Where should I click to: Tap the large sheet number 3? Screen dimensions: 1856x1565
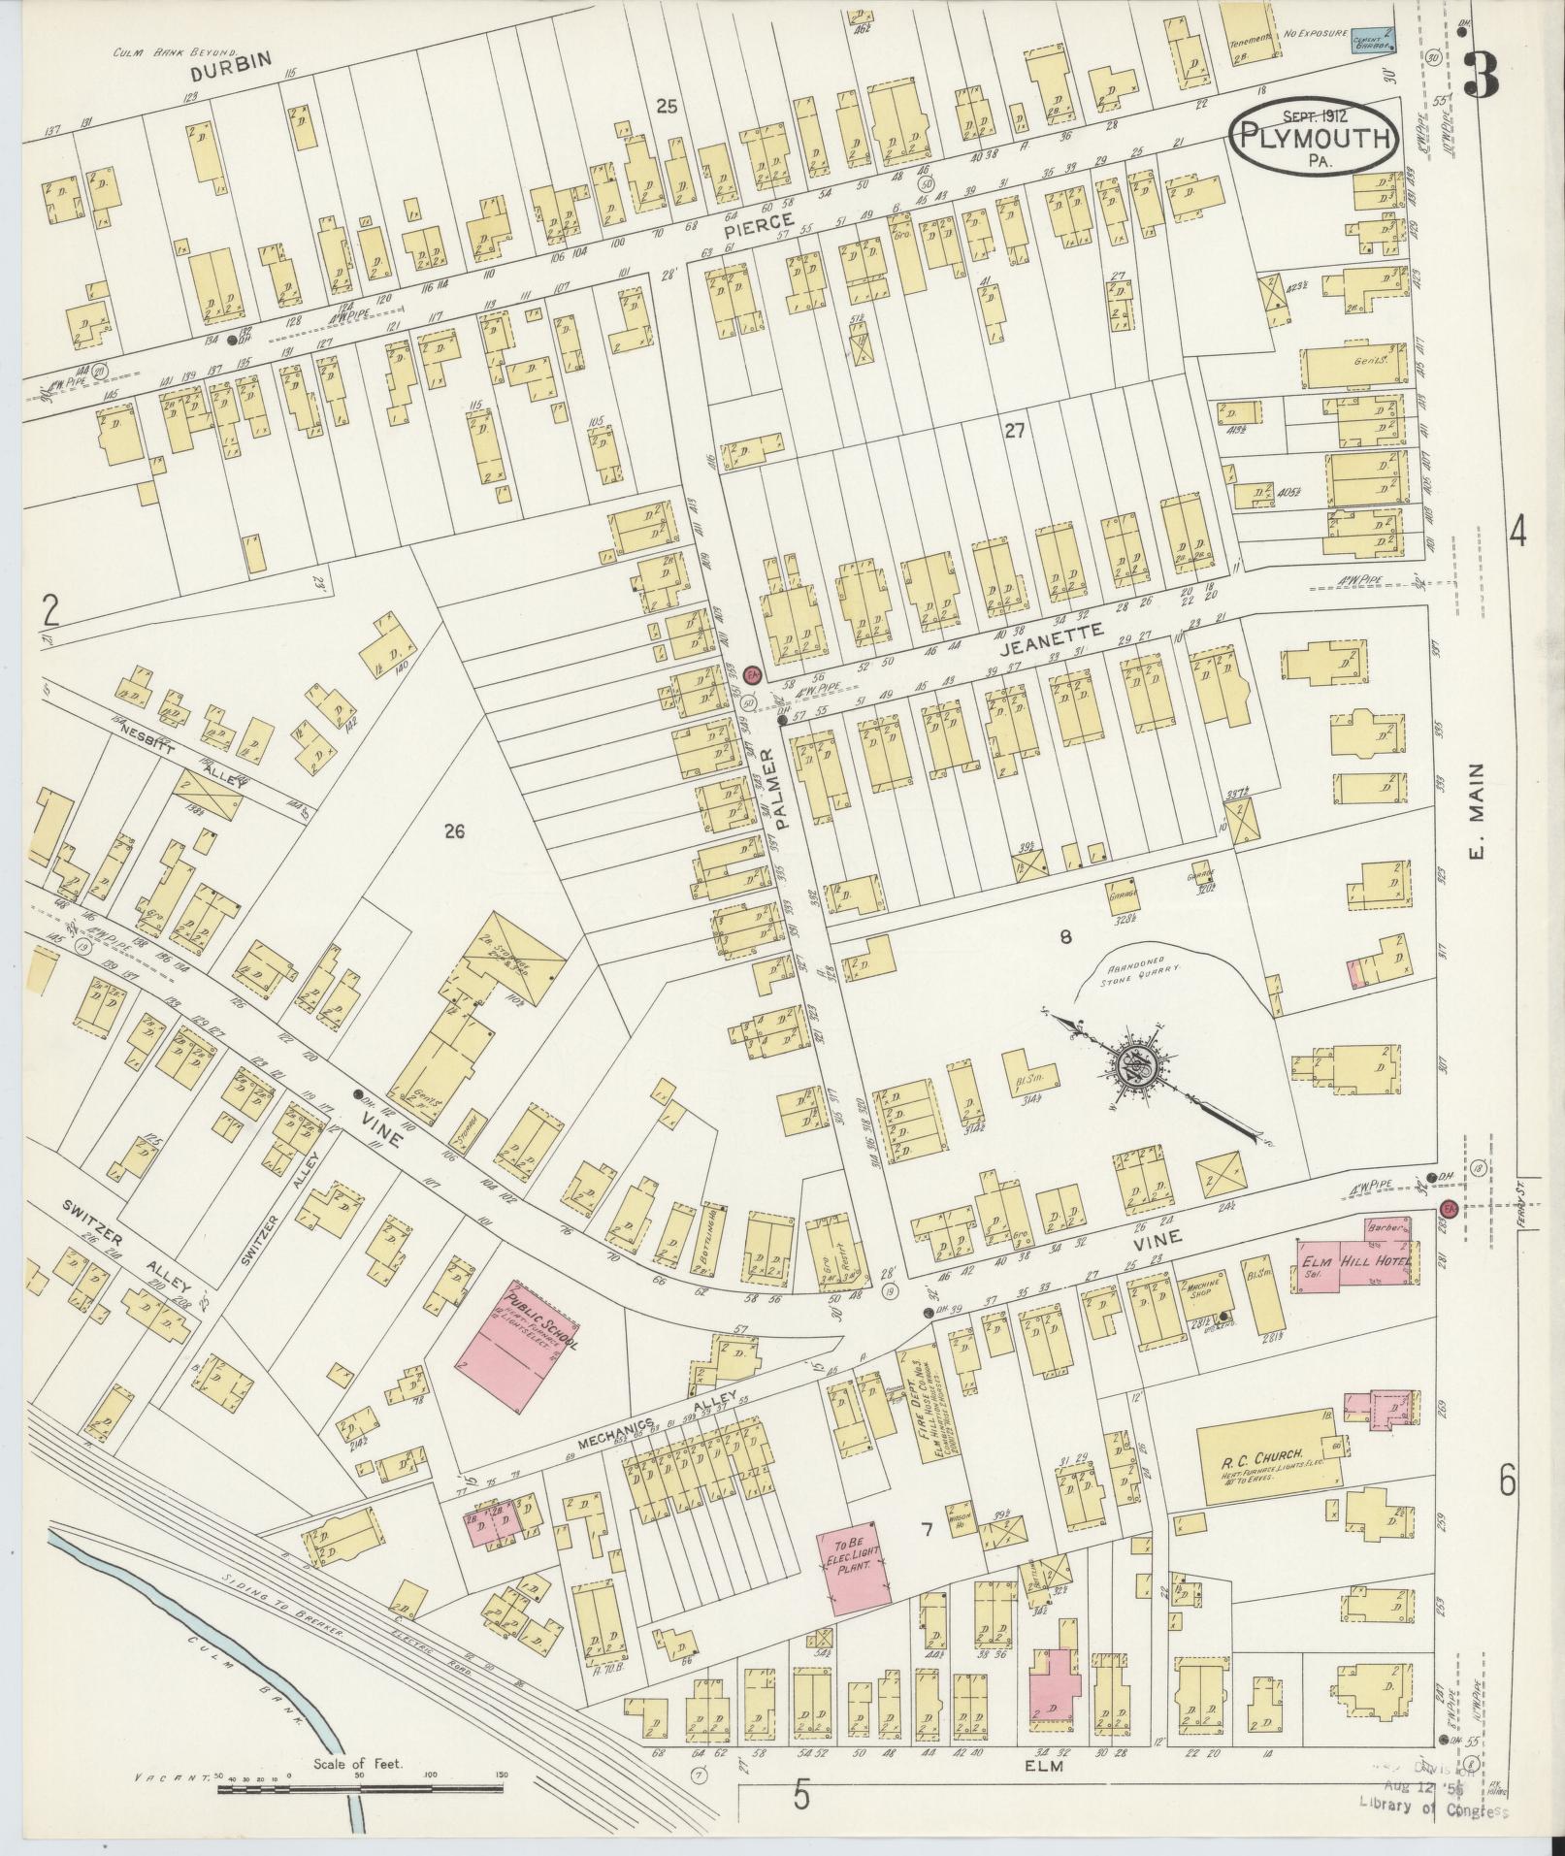click(1482, 74)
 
